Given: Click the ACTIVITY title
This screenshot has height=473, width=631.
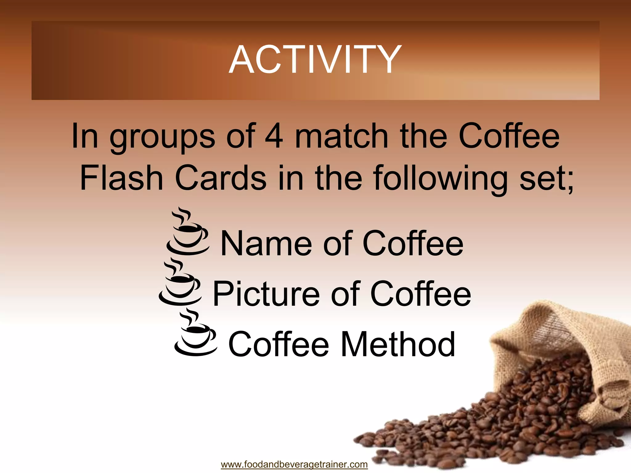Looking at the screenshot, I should tap(315, 59).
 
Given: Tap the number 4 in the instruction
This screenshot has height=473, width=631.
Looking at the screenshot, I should tap(274, 136).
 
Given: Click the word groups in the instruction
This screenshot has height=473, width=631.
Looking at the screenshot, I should tap(162, 138).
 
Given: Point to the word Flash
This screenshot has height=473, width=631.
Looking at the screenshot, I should tap(121, 178).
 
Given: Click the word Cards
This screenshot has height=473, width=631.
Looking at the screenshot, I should tap(221, 178).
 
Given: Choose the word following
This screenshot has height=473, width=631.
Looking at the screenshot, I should tap(440, 180).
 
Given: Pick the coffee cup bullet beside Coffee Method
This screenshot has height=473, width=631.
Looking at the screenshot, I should tap(195, 334).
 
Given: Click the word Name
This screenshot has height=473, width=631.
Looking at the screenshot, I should tap(265, 244).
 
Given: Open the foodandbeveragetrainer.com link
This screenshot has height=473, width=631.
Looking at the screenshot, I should tap(294, 464).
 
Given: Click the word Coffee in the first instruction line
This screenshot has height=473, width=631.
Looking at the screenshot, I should tap(509, 136).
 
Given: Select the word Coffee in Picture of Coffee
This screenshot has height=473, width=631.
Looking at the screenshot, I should tap(421, 294).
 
